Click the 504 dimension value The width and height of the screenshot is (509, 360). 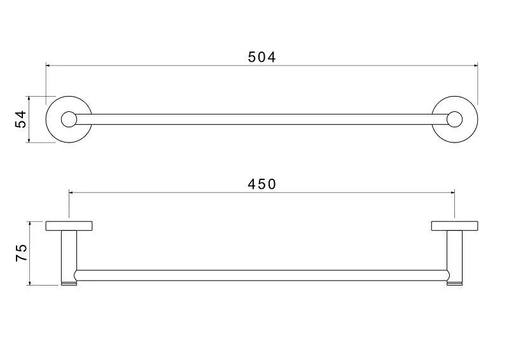click(261, 57)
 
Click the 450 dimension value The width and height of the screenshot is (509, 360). click(261, 184)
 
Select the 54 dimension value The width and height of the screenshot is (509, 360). click(21, 120)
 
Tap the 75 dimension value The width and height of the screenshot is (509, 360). click(21, 253)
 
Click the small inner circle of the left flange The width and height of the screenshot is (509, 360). click(68, 120)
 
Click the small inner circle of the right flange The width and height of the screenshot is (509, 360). click(454, 120)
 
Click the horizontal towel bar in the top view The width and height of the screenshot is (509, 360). click(261, 120)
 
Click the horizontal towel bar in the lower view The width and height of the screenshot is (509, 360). click(261, 275)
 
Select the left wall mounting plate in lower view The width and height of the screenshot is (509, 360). click(69, 225)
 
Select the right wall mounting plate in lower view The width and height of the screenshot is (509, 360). click(454, 225)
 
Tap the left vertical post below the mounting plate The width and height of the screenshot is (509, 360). click(69, 251)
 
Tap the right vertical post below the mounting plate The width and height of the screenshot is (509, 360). click(454, 251)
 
